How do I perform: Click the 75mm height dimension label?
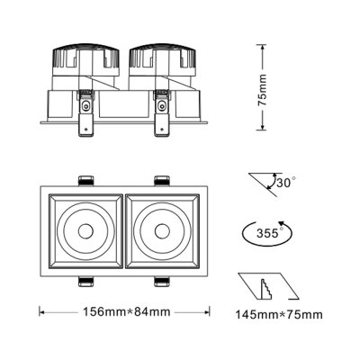(x=262, y=87)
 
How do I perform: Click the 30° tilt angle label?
(x=286, y=183)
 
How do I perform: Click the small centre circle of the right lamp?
(x=163, y=231)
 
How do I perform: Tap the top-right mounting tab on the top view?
(x=162, y=178)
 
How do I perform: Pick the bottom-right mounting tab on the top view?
(x=162, y=281)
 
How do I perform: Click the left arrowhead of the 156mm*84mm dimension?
(x=41, y=313)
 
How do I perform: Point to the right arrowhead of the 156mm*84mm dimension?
(x=208, y=313)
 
